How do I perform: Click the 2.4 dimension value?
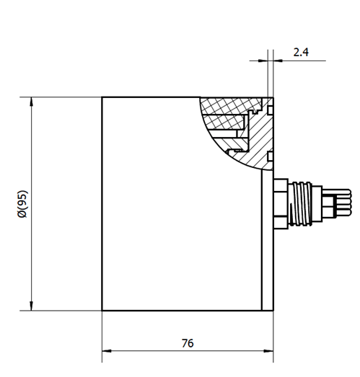pos(301,52)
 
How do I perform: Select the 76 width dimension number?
pos(188,343)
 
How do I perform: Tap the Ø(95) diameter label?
pos(23,204)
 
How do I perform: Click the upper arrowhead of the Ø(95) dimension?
pos(31,102)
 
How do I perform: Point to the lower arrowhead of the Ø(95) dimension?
pos(31,306)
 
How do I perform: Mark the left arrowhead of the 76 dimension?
pos(107,351)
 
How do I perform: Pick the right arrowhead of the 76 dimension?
pos(268,351)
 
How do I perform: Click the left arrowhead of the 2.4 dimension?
pos(263,61)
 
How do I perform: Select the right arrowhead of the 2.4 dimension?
pos(278,61)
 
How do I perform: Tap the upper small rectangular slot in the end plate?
pos(271,110)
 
